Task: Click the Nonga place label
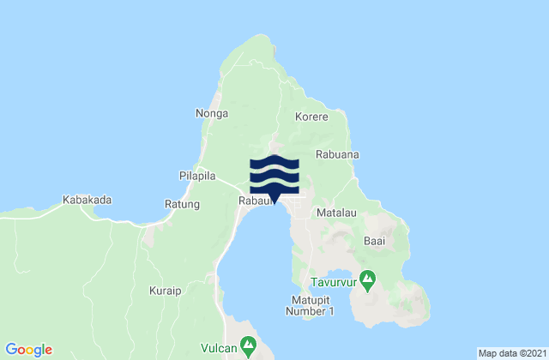click(210, 112)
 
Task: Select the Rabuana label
click(337, 154)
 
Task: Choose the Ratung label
click(182, 204)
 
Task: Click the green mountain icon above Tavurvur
click(367, 277)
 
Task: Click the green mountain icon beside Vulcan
click(249, 345)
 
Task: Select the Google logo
click(29, 349)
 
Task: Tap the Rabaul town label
click(254, 202)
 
